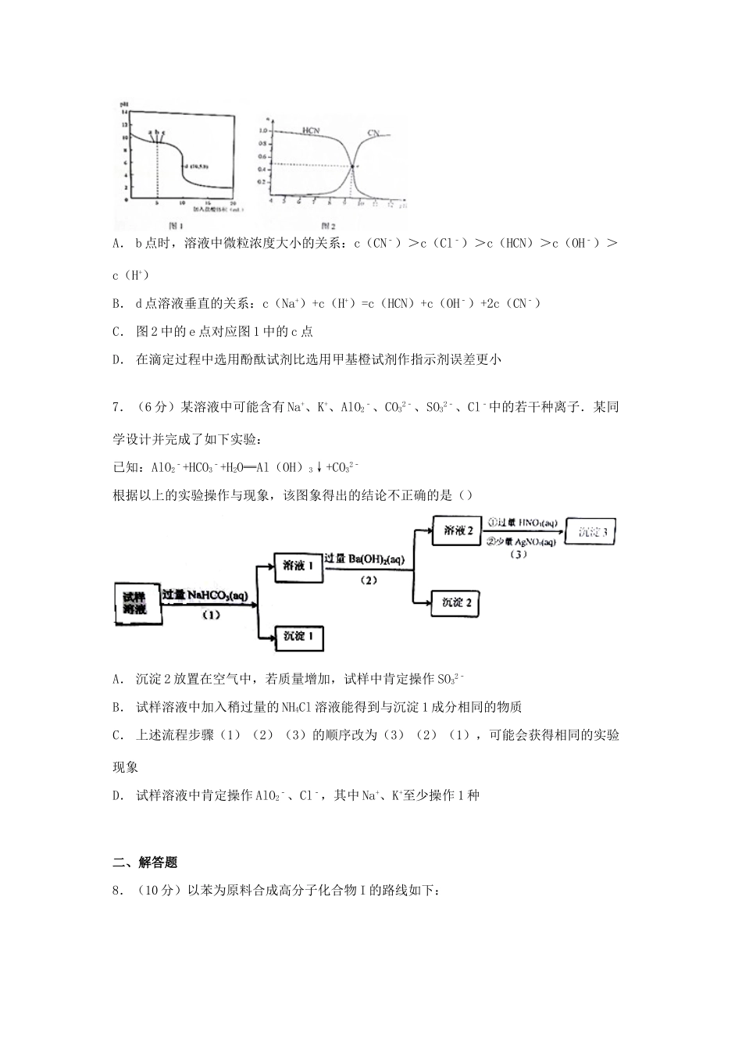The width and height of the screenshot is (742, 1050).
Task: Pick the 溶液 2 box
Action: tap(458, 530)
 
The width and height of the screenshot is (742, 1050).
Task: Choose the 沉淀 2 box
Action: tap(457, 602)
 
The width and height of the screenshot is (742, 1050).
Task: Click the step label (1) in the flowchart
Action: tap(210, 615)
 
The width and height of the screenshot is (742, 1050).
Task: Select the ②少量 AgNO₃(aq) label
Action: tap(520, 541)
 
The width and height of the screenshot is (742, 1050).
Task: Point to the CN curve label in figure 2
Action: tap(373, 133)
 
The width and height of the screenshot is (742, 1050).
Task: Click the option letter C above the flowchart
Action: tap(117, 331)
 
